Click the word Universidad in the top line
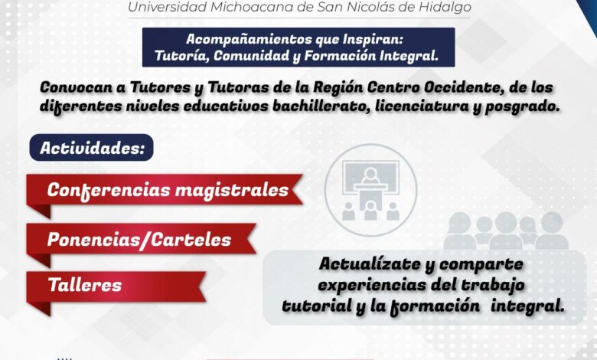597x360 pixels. [x=167, y=7]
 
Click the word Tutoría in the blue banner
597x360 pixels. [x=182, y=56]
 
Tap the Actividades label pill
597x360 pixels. [x=91, y=147]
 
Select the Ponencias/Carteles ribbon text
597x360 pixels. [x=139, y=240]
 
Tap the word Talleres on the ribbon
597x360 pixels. [x=84, y=285]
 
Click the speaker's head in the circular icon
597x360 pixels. [x=370, y=175]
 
